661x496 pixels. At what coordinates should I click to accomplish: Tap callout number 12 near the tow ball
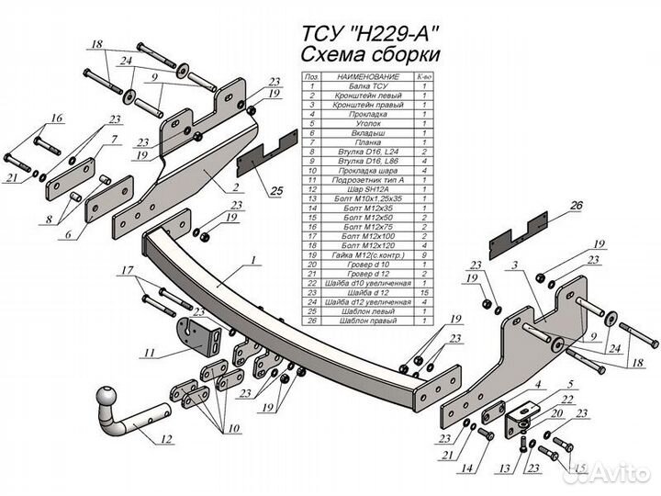pos(166,440)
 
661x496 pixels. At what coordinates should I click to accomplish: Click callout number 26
pos(577,206)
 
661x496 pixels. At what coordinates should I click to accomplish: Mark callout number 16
pos(57,118)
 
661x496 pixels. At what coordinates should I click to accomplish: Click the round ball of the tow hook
pos(108,401)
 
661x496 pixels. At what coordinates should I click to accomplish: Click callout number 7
pos(114,140)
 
